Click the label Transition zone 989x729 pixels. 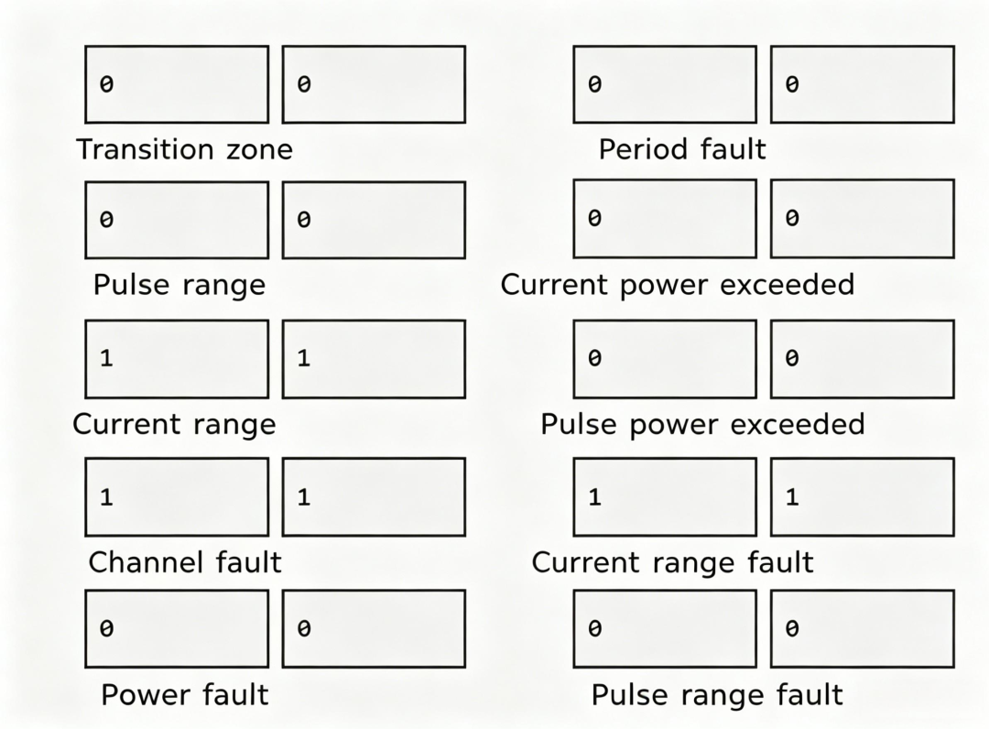[184, 150]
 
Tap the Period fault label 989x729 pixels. [682, 150]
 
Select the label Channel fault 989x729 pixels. [184, 562]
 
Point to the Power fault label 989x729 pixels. [184, 695]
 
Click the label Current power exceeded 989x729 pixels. [678, 285]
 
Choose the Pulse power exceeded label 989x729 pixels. [702, 424]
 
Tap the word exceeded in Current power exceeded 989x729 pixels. [788, 285]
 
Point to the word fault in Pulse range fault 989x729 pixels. [810, 695]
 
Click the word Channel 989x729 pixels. [146, 562]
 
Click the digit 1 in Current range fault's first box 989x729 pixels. [595, 497]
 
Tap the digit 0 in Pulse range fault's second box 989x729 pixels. [792, 629]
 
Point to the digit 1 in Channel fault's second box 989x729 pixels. [304, 497]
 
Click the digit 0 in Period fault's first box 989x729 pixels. [595, 84]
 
